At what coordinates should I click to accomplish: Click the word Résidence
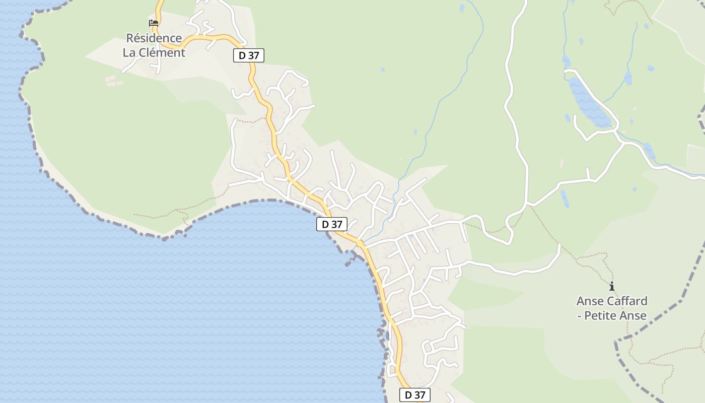point(154,38)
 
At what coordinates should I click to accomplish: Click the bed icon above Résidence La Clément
point(154,23)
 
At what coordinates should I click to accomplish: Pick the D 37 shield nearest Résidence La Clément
point(249,55)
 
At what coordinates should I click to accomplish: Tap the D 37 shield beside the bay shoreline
point(332,224)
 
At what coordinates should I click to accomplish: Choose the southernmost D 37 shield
point(415,395)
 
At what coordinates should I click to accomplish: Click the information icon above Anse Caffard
point(612,287)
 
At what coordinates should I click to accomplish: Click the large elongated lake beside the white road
point(589,103)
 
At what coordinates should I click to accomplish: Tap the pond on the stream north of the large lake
point(627,78)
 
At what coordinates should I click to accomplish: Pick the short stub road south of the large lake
point(588,174)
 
